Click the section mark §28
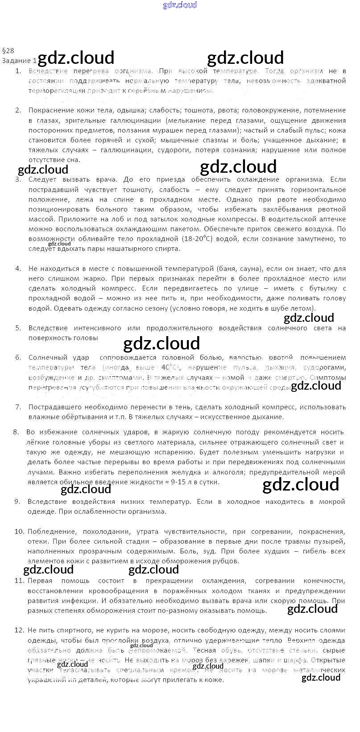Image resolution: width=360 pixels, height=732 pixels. [x=8, y=51]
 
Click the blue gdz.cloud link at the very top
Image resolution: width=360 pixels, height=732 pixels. [x=180, y=5]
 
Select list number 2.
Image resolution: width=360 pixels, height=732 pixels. [x=18, y=110]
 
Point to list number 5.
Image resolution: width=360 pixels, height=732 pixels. [x=18, y=328]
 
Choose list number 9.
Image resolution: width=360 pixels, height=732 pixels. [x=17, y=502]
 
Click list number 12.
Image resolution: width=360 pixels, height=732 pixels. [x=19, y=630]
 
